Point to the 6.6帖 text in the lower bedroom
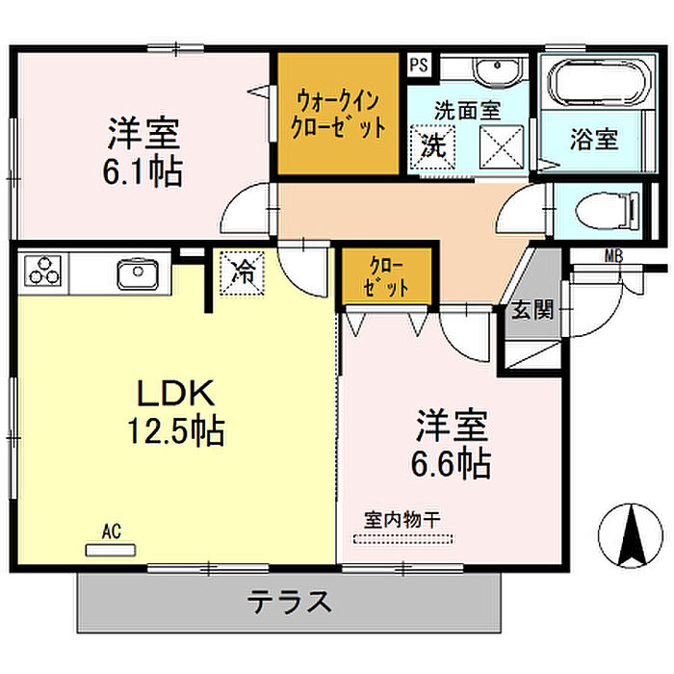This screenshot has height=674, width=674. click(x=452, y=464)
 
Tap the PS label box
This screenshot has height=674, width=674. click(x=418, y=65)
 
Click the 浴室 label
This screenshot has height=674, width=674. click(x=593, y=140)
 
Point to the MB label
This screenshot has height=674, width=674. click(x=613, y=256)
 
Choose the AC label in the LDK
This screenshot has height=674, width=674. click(x=112, y=531)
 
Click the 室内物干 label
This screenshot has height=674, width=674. click(x=402, y=519)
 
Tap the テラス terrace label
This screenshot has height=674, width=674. click(x=290, y=604)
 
